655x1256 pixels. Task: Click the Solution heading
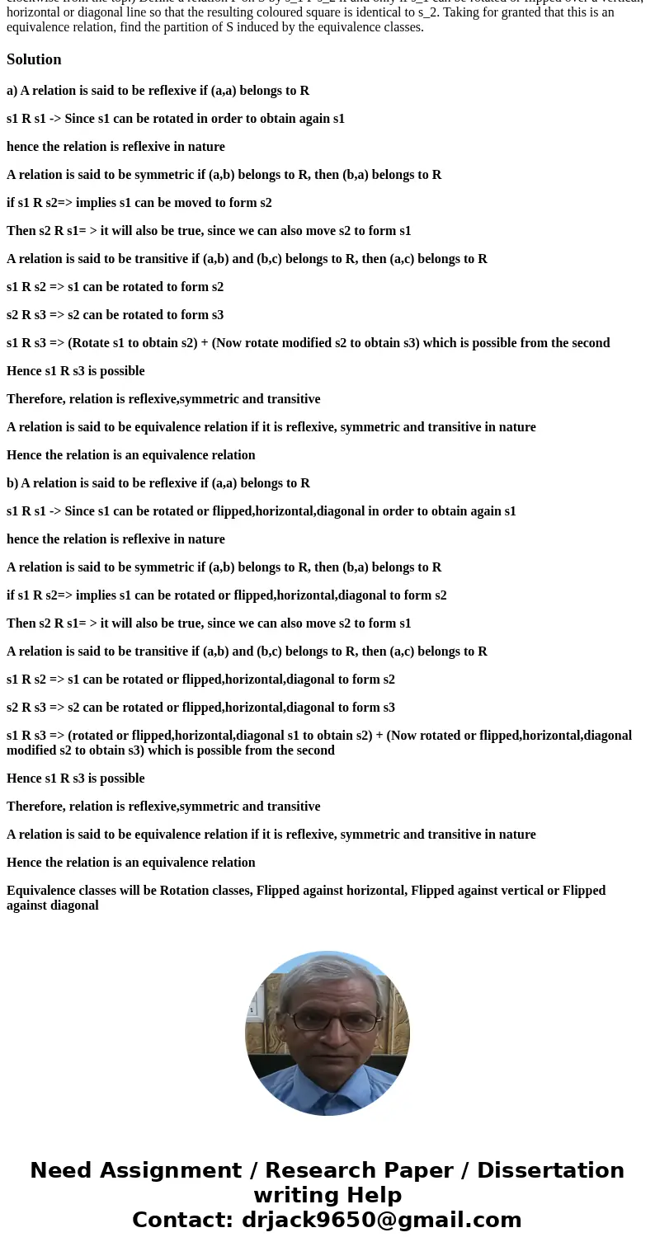coord(34,59)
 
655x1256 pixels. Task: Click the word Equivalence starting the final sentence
coord(42,891)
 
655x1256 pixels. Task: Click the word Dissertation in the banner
coord(550,1171)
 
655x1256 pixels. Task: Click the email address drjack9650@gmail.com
coord(382,1221)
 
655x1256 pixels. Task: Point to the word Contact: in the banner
coord(182,1221)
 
